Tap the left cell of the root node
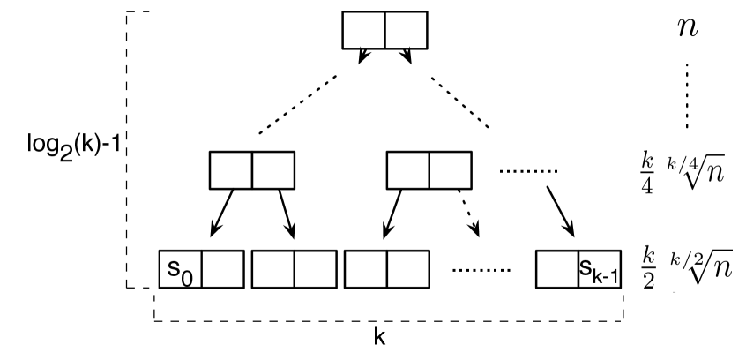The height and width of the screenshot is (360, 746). (x=363, y=29)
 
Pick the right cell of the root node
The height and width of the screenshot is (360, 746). (x=406, y=29)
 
